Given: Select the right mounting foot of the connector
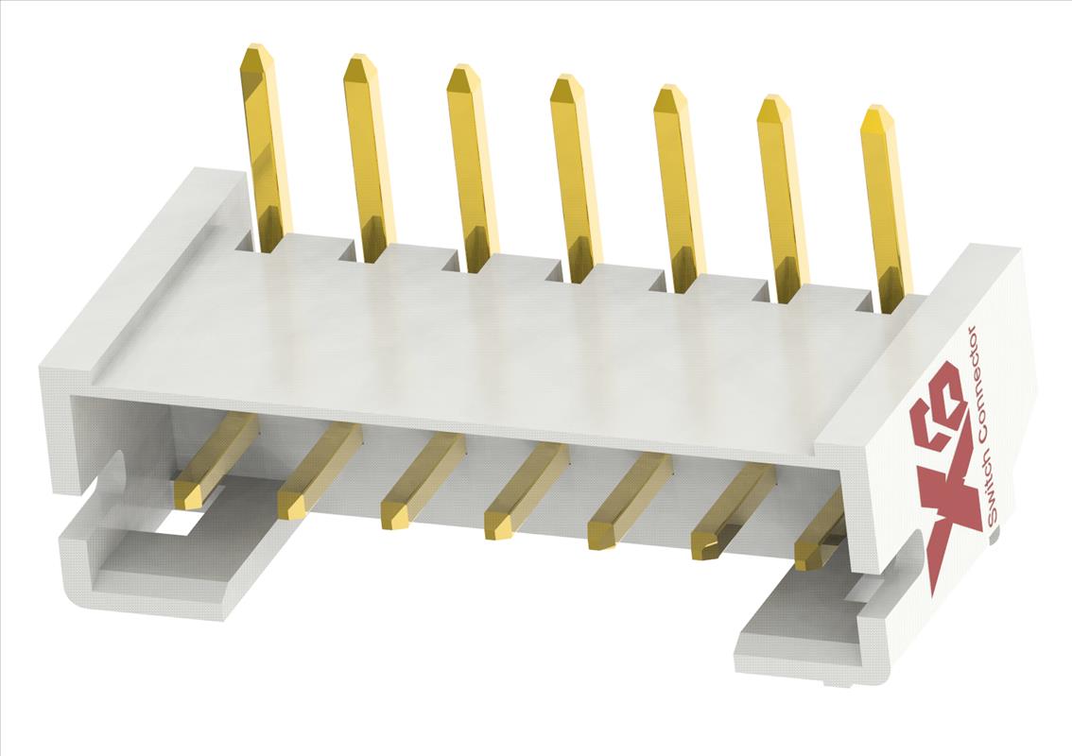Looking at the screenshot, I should pos(804,633).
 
